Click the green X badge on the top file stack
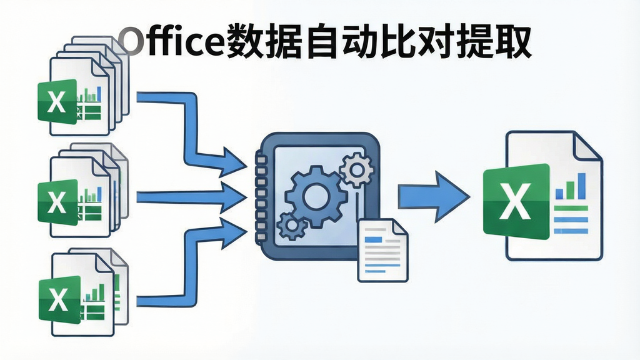pos(57,102)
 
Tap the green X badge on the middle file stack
pos(57,202)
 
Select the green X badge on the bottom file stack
pos(59,299)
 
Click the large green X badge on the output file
pos(516,201)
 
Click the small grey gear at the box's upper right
pos(357,169)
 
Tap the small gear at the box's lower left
pos(292,226)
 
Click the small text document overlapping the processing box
pos(382,250)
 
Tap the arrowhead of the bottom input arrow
pos(234,233)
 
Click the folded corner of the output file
pos(587,145)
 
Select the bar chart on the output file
pos(571,186)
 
